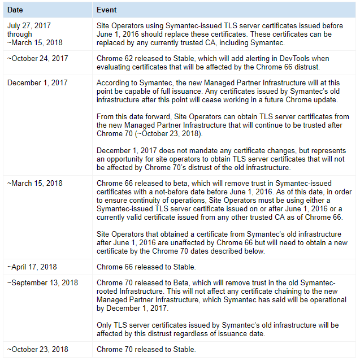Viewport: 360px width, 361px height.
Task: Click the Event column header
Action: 107,10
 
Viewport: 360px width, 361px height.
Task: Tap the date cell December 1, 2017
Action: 37,82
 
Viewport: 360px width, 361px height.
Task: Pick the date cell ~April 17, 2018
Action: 32,267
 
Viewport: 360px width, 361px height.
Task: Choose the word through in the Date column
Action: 20,34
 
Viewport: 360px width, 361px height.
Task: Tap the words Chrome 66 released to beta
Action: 141,183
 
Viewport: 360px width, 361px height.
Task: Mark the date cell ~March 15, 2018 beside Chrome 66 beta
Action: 34,183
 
